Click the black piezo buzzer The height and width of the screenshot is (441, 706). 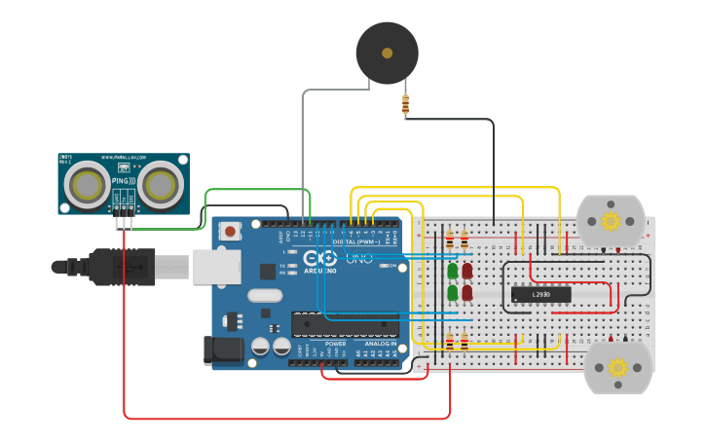(387, 53)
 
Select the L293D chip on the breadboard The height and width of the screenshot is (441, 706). (540, 294)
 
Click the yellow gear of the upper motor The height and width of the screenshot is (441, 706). (612, 221)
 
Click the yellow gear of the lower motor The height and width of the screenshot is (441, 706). (617, 367)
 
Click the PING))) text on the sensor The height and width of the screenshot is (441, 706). (123, 180)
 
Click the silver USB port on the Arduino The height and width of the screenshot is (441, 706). (216, 266)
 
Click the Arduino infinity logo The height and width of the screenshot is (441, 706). (319, 258)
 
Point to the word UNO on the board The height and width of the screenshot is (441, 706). (359, 259)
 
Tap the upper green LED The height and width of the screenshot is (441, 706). (453, 272)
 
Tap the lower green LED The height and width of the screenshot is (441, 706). (453, 292)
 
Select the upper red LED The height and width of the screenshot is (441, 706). (467, 272)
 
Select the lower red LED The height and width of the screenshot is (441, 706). (467, 292)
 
